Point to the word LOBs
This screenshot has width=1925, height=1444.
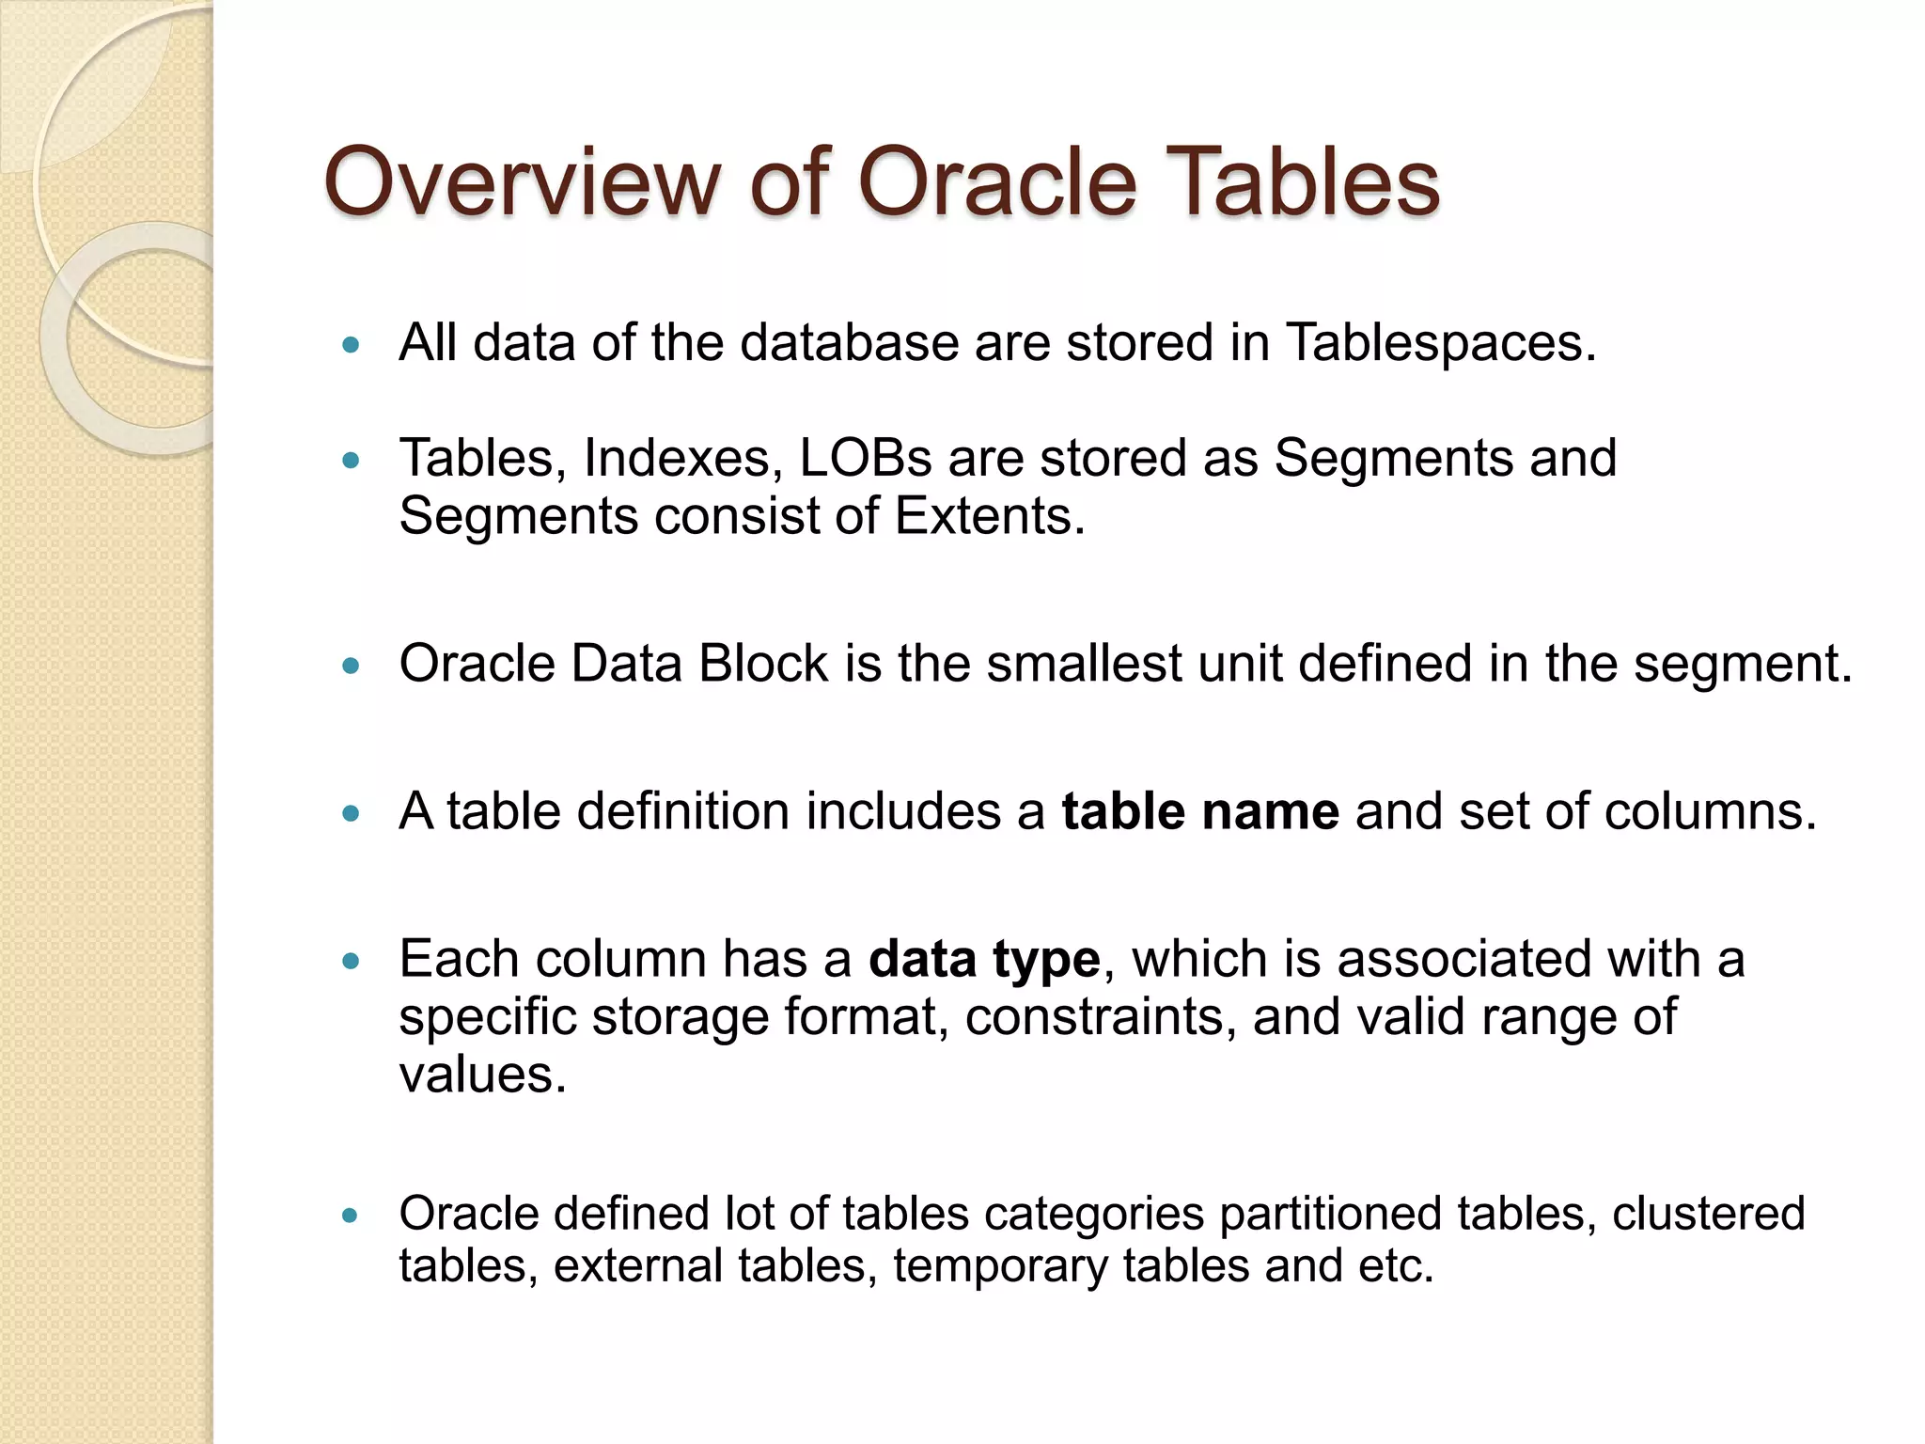866,458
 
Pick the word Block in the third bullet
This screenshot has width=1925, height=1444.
763,664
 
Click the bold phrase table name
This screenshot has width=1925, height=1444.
1200,811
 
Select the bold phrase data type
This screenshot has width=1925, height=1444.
984,959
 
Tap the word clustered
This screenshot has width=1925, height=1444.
1709,1214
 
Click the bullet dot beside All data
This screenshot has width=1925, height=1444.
352,346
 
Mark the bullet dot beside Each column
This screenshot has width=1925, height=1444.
352,962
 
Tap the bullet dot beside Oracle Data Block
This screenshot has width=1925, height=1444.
352,667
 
